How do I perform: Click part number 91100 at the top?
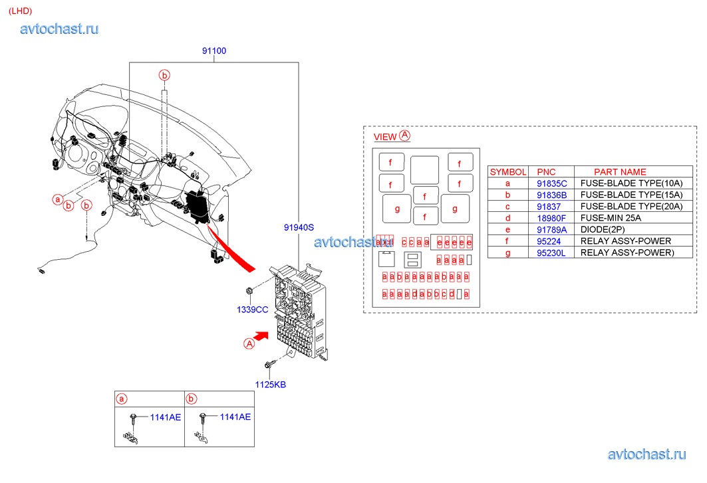coord(214,51)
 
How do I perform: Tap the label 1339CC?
coord(252,310)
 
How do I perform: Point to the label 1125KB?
coord(270,384)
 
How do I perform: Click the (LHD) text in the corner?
coord(20,11)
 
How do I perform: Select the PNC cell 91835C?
coord(551,183)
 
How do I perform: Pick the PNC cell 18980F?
coord(551,218)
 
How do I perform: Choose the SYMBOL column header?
coord(508,171)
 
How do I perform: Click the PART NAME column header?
coord(620,171)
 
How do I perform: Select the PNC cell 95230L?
coord(551,252)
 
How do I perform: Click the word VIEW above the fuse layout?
coord(385,137)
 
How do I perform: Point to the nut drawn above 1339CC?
coord(249,291)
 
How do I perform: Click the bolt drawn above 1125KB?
coord(269,365)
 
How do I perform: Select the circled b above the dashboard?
coord(164,74)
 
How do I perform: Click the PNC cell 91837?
coord(549,207)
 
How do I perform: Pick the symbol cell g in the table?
coord(508,252)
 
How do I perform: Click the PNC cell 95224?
coord(549,241)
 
